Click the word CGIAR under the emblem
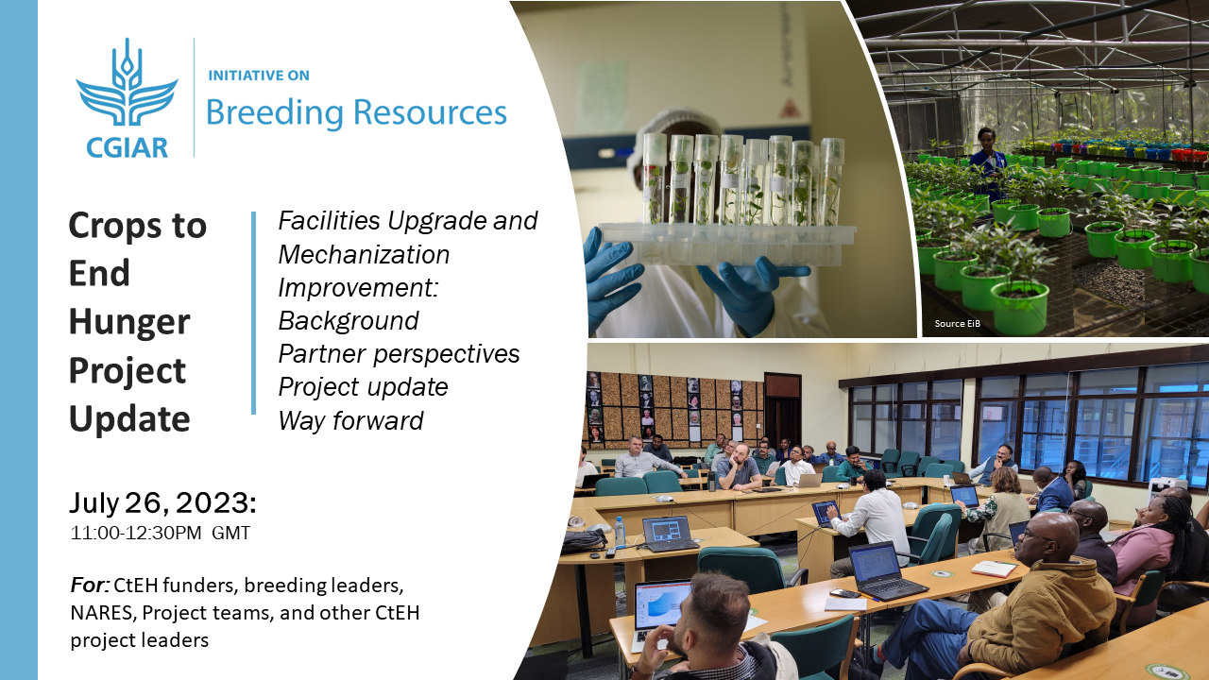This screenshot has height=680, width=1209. [127, 148]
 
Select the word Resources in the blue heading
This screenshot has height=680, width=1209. [430, 112]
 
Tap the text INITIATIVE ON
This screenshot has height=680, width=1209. [259, 75]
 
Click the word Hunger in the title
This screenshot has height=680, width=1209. [129, 322]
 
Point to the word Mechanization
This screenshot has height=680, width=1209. [364, 254]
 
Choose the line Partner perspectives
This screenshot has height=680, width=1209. [399, 354]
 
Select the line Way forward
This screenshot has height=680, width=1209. [350, 420]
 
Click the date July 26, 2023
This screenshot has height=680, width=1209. [162, 503]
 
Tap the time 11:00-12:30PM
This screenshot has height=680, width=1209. [136, 534]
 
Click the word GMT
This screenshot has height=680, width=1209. [231, 534]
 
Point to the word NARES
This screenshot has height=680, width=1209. [101, 613]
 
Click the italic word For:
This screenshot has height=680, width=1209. [90, 585]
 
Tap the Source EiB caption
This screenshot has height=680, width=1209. [958, 324]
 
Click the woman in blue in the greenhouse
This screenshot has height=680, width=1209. [988, 161]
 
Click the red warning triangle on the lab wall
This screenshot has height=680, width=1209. [788, 108]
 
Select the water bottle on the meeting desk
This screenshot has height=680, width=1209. [620, 532]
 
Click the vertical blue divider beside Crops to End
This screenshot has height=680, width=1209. [254, 313]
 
